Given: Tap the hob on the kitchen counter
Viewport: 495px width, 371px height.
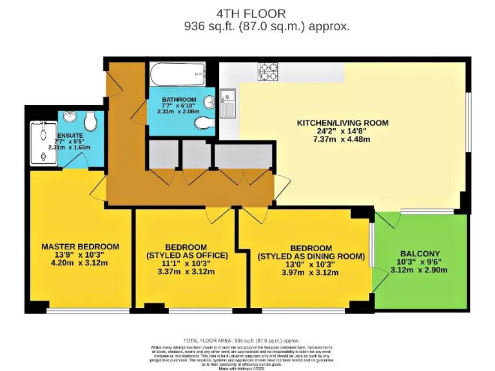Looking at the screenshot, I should coord(267,71).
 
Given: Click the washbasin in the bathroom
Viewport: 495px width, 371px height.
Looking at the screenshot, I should coord(209,103).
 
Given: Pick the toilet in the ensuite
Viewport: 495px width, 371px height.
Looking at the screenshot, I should coord(92,119).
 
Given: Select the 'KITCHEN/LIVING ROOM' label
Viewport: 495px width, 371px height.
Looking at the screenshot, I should coord(342,123).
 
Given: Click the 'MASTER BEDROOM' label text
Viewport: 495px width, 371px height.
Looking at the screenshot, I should coord(80,246).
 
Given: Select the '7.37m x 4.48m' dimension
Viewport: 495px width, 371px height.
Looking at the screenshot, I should coord(342,139).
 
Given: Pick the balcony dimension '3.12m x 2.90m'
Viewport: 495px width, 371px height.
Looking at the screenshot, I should coord(420,270).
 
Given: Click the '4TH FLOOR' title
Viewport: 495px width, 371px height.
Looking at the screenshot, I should coord(251,13).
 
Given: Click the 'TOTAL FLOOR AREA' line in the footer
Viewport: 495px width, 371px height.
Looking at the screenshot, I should coord(242,340).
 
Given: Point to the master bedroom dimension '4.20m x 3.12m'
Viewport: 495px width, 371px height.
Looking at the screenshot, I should coord(80,263).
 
